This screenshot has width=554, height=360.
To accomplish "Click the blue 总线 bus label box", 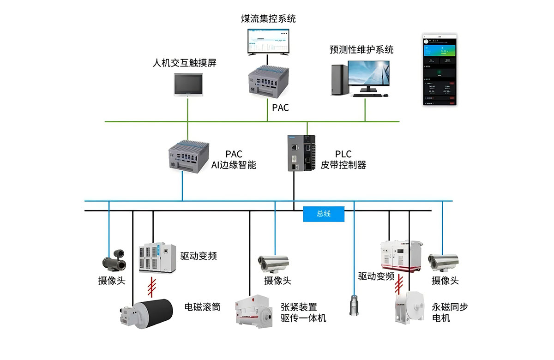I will coord(324,214).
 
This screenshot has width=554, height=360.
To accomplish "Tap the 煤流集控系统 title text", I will coord(268,19).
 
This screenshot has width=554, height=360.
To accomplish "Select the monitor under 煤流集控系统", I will coord(268,42).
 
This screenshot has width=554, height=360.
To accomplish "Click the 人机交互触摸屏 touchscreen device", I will coord(188,85).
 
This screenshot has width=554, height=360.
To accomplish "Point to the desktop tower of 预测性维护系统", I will coord(339,79).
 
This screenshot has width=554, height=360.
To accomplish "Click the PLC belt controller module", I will coord(300,153).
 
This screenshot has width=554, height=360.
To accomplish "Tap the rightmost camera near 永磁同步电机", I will coord(443,262).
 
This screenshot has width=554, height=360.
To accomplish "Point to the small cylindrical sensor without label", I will coord(354,305).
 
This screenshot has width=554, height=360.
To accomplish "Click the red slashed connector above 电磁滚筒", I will coord(152,288).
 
